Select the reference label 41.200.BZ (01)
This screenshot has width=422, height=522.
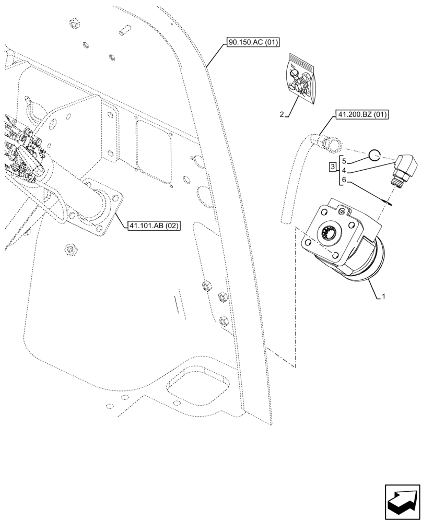(x=359, y=115)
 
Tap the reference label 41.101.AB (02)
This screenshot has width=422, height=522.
(x=154, y=226)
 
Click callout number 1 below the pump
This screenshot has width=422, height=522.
(x=384, y=296)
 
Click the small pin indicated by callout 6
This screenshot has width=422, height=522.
(x=391, y=204)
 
